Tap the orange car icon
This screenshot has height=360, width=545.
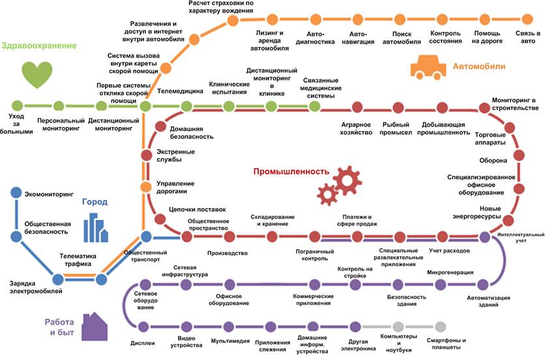point(428,67)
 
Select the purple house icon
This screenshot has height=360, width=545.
point(95,327)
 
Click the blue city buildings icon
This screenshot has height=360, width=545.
point(96,228)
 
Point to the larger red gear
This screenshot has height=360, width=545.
point(347,180)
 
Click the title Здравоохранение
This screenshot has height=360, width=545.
point(39,46)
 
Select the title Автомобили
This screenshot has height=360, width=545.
point(479,66)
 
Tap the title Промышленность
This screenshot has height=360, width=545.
point(291,172)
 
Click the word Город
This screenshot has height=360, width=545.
point(95,202)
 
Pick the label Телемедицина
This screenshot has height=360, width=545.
point(180,91)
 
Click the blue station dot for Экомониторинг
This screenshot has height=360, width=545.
point(16,192)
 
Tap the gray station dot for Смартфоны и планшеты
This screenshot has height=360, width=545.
point(441,327)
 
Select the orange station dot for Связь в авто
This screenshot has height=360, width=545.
point(527,19)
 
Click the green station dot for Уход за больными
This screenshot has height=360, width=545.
point(17,106)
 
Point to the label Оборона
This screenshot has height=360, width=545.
point(493,160)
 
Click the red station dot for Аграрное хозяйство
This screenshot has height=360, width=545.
point(357,107)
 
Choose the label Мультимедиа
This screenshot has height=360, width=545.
point(230,341)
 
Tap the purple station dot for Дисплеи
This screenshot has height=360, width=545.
point(143,327)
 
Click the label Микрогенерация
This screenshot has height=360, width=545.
point(450,273)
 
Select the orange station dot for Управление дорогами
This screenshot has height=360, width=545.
point(146,187)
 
